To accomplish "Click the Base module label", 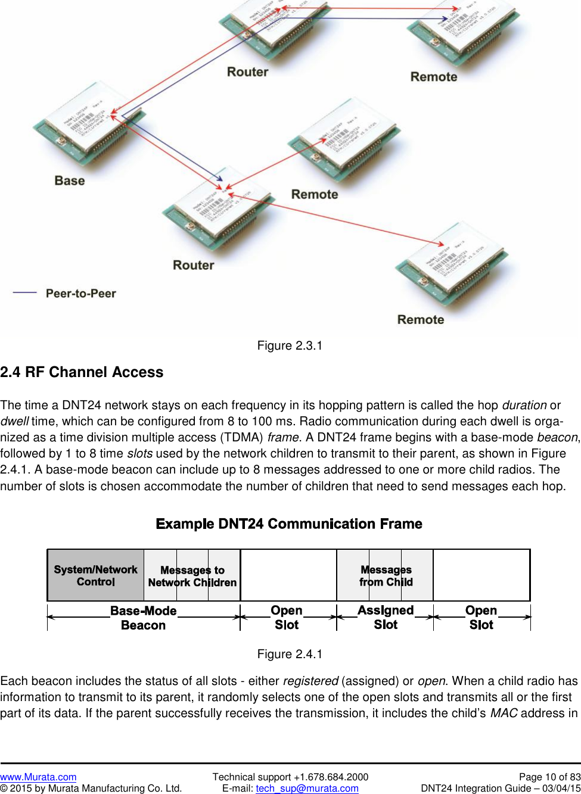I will (x=70, y=180).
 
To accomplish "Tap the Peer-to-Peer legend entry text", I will (x=80, y=293).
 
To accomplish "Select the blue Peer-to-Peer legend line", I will (x=25, y=292).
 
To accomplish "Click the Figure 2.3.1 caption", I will (x=290, y=345).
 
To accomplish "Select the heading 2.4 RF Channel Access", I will (x=82, y=372).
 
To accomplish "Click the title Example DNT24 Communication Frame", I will (x=289, y=524).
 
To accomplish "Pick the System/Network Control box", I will (x=96, y=575).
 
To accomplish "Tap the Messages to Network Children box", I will (x=192, y=576).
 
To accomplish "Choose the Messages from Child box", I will (x=386, y=575).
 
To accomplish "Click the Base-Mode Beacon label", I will (x=143, y=618).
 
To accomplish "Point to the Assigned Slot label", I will (x=386, y=617).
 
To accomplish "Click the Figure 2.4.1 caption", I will (x=290, y=654).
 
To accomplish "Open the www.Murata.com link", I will (x=38, y=777).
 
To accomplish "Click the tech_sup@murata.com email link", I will (x=307, y=788).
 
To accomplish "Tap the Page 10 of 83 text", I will (x=549, y=777).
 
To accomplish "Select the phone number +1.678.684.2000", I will (x=331, y=777).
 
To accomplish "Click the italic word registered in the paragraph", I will (x=310, y=681).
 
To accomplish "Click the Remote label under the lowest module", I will (x=421, y=319).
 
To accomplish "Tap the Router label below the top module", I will (x=247, y=72).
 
